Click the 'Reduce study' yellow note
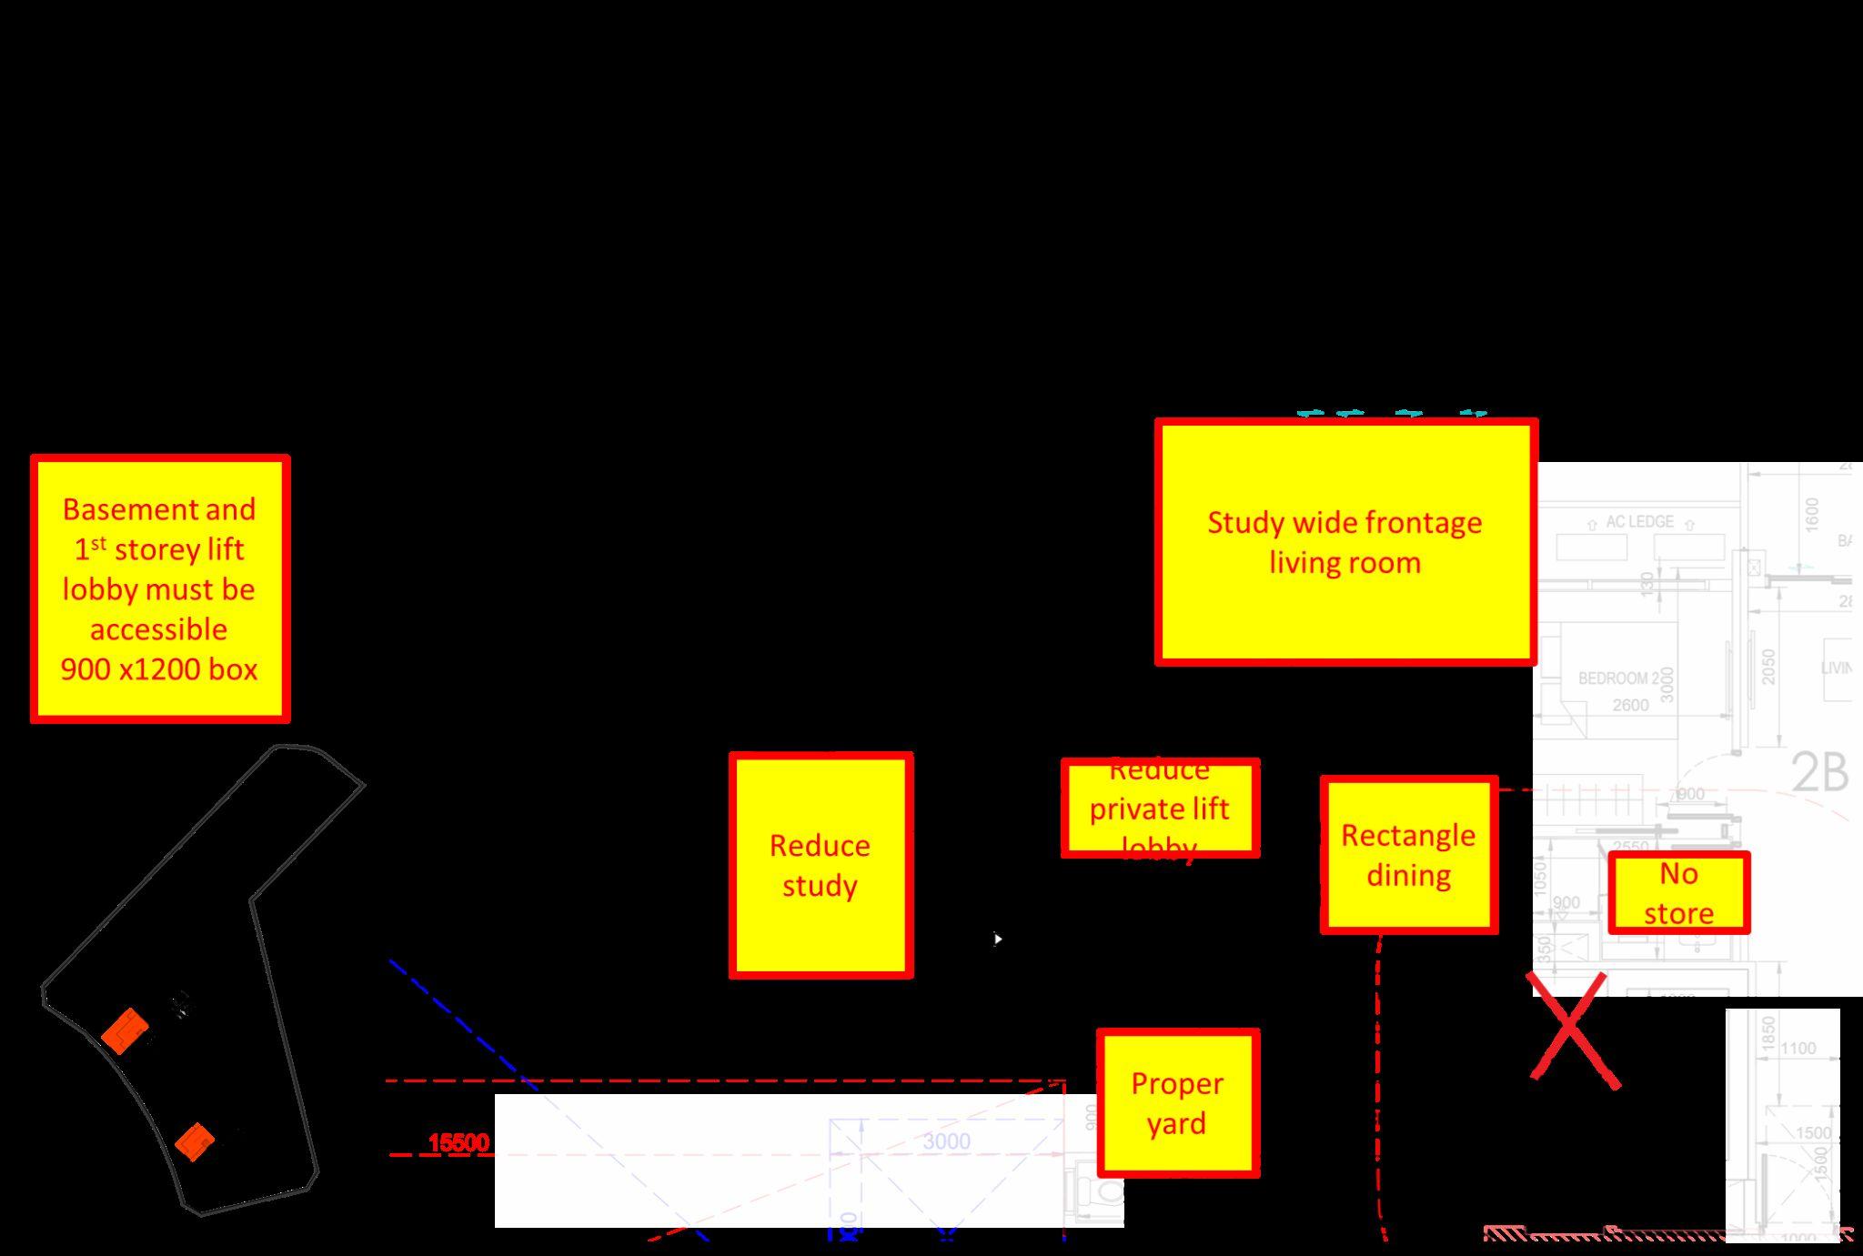point(821,865)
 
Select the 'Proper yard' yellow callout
point(1178,1103)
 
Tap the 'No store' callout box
point(1678,892)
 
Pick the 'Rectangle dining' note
point(1408,855)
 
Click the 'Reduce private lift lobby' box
point(1160,809)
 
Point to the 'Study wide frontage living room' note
point(1345,542)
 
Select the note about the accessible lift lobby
point(160,588)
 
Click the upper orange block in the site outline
point(125,1030)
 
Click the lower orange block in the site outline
point(195,1140)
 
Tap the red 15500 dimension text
point(458,1142)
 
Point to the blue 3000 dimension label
point(946,1141)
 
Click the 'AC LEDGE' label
point(1639,522)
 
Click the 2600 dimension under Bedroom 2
point(1630,705)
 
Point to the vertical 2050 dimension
point(1768,668)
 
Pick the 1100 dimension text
point(1798,1049)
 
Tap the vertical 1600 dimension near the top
point(1811,515)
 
